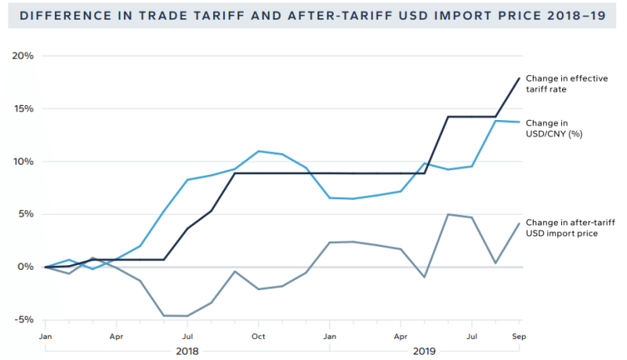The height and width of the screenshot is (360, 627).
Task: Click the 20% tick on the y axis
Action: [24, 56]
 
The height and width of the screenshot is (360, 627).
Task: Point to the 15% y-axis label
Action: [24, 109]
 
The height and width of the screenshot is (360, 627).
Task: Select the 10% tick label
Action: [24, 162]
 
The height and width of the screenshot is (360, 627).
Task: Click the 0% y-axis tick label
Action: [27, 267]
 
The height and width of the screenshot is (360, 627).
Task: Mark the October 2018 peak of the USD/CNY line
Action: [259, 151]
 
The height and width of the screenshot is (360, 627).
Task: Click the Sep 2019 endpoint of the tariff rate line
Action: [519, 78]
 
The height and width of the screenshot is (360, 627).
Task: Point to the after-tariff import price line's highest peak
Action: [448, 214]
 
